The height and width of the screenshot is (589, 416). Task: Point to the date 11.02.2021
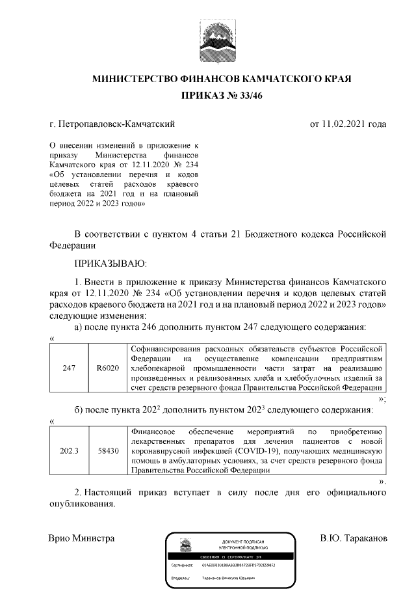[x=343, y=123]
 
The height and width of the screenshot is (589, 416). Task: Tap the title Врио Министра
[x=82, y=539]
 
